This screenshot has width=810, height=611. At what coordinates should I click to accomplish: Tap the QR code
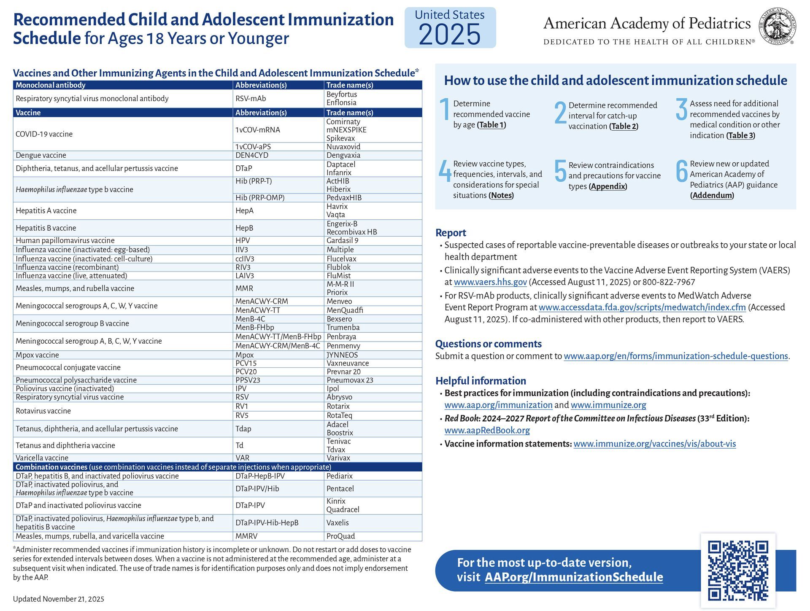(x=738, y=571)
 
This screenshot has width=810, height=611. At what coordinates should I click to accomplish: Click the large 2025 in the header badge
(x=450, y=35)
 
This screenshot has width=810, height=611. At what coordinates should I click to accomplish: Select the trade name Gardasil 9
(x=342, y=240)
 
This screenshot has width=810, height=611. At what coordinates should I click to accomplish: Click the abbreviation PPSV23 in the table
(x=248, y=380)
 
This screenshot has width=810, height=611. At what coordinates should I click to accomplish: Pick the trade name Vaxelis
(x=337, y=522)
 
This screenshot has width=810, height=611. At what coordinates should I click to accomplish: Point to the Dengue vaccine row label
(x=41, y=155)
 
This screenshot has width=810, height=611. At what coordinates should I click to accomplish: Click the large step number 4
(x=444, y=171)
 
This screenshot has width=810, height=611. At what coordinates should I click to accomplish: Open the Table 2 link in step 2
(x=624, y=127)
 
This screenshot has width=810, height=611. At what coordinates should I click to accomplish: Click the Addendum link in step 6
(x=712, y=195)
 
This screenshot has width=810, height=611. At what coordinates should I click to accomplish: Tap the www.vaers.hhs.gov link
(x=490, y=282)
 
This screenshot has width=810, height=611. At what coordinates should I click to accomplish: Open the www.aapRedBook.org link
(x=487, y=431)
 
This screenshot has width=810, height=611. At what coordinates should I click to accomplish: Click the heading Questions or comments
(x=488, y=344)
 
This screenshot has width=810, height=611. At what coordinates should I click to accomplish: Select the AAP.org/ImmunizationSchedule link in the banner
(x=574, y=577)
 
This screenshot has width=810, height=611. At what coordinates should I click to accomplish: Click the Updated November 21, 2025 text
(x=59, y=599)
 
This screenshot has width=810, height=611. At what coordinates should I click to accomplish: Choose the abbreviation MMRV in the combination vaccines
(x=246, y=536)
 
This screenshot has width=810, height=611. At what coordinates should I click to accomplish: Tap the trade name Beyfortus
(x=342, y=94)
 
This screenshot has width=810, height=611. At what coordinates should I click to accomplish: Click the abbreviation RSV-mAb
(x=251, y=98)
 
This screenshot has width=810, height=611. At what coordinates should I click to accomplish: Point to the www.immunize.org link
(x=608, y=405)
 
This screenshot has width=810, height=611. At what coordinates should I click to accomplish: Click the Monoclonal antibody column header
(x=51, y=85)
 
